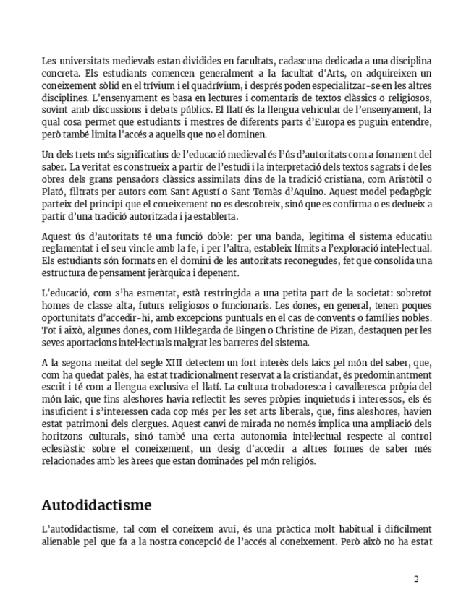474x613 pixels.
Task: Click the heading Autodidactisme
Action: click(96, 504)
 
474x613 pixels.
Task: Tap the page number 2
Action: click(416, 579)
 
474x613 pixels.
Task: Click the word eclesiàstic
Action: click(67, 448)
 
